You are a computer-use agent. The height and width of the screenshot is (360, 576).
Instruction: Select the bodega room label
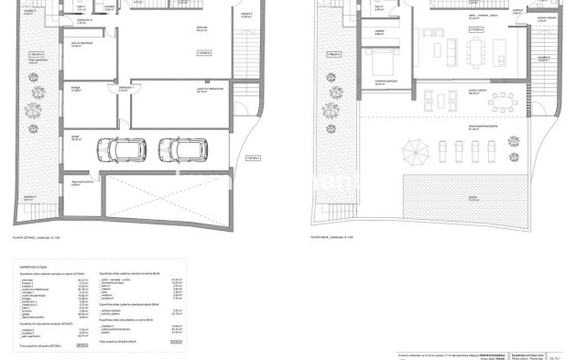(x=77, y=101)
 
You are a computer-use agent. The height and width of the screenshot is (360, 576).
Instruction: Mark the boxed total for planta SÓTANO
(x=83, y=346)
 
